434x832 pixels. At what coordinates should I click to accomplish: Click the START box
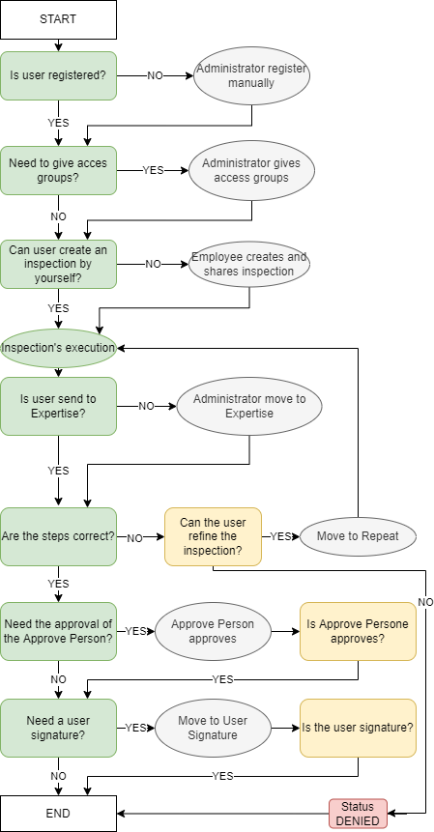[x=58, y=19]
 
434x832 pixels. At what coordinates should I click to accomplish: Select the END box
[x=58, y=813]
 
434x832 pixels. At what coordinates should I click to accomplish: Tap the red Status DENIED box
[x=359, y=814]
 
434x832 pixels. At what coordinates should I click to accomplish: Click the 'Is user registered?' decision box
[x=58, y=75]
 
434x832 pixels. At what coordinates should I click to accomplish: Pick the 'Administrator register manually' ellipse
[x=251, y=75]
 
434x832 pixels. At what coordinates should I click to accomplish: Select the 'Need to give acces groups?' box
[x=58, y=170]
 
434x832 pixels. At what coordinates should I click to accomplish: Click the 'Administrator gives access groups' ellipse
[x=251, y=170]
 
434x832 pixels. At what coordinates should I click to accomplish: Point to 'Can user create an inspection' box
[x=58, y=264]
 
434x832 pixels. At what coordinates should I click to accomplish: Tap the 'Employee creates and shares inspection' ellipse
[x=249, y=264]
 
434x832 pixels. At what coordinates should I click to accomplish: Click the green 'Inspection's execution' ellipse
[x=58, y=348]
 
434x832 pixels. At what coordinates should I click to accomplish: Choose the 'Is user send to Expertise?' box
[x=58, y=406]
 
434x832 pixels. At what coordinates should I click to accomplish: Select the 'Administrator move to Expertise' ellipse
[x=249, y=406]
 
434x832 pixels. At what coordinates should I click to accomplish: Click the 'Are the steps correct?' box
[x=58, y=536]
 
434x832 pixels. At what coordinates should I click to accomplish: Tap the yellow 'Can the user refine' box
[x=213, y=536]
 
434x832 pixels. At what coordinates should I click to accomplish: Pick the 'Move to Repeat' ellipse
[x=359, y=536]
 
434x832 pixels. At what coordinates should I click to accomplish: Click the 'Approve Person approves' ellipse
[x=213, y=631]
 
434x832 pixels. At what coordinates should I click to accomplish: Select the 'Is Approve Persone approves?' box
[x=359, y=631]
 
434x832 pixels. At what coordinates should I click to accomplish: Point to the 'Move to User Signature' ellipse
[x=213, y=728]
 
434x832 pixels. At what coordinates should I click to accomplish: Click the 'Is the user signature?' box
[x=359, y=728]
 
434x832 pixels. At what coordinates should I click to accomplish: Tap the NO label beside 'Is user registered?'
[x=155, y=76]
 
